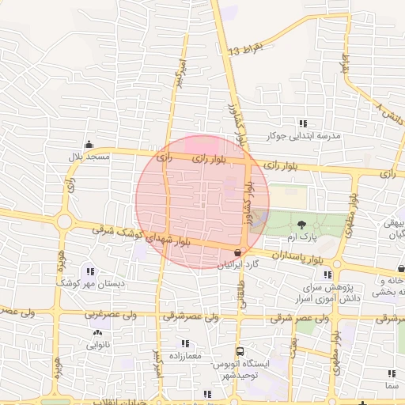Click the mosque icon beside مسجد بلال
click(x=88, y=145)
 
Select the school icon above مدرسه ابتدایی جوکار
click(x=302, y=123)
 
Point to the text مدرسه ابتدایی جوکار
click(x=303, y=136)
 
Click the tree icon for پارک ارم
click(x=301, y=225)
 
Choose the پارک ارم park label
click(x=301, y=237)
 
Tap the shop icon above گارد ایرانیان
click(x=238, y=251)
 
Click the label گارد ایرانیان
click(x=239, y=263)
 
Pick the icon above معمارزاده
click(x=185, y=343)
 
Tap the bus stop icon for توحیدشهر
click(x=239, y=351)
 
